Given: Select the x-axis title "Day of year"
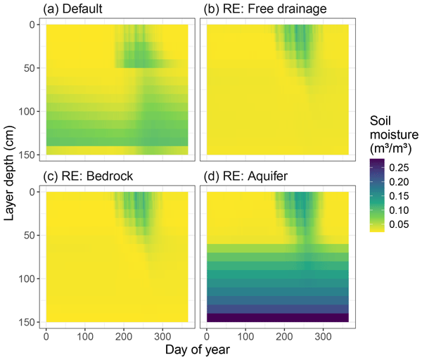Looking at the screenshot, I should tap(198, 349).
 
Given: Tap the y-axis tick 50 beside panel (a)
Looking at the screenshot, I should tap(30, 68).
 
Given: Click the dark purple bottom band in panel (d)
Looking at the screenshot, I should tap(278, 317).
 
